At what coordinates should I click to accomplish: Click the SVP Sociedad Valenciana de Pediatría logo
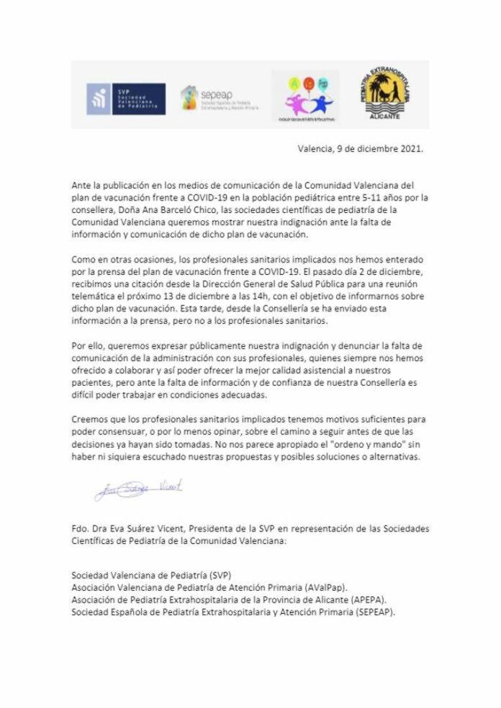coord(126,99)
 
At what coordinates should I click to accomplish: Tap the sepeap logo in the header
coord(220,99)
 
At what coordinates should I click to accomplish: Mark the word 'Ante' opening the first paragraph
coord(82,185)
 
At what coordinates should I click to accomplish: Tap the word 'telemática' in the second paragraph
coord(94,294)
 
